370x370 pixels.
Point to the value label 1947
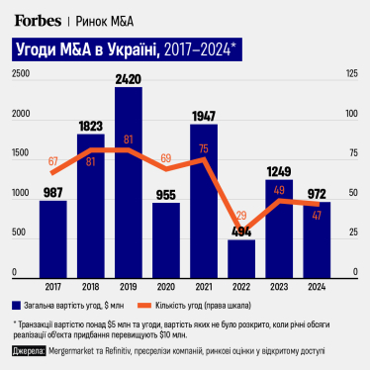click(x=204, y=116)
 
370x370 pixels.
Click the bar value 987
click(x=52, y=192)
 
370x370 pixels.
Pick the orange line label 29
click(x=240, y=216)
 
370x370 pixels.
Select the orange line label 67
click(x=52, y=160)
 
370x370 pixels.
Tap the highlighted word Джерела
click(x=30, y=351)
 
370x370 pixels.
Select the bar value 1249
click(x=279, y=171)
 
